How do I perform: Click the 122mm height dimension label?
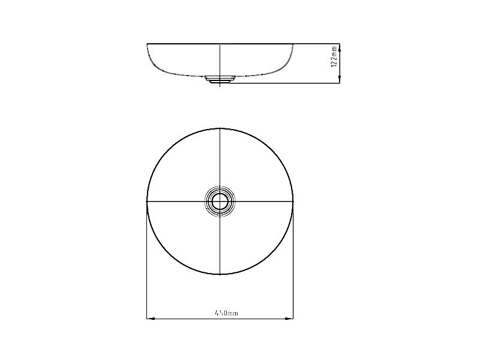coord(334,56)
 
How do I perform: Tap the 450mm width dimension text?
coord(226,313)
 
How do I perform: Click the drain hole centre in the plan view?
coord(220,202)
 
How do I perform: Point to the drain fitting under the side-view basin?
coord(220,79)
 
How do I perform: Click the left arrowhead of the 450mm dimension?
coord(151,319)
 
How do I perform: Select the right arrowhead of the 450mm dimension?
coord(289,319)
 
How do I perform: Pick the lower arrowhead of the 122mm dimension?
coord(339,79)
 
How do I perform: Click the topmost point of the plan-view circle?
coord(220,128)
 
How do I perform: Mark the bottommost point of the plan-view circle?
coord(220,274)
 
